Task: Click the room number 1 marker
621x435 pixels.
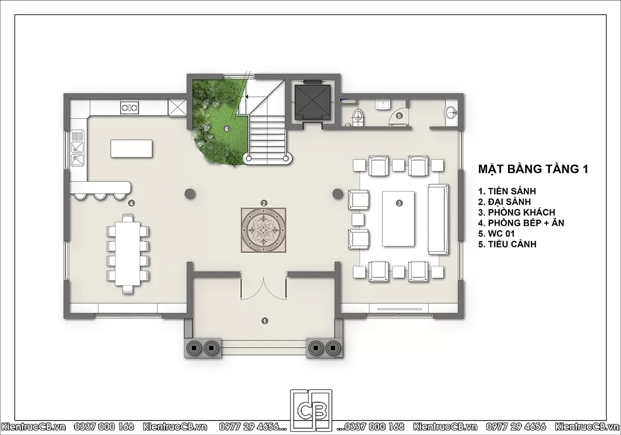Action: point(265,321)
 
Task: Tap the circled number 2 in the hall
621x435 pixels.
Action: point(263,204)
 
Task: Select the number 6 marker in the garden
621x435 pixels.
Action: point(227,129)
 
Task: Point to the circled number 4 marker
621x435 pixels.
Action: point(131,204)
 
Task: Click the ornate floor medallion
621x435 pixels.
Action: point(263,230)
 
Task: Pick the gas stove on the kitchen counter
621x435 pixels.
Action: point(129,107)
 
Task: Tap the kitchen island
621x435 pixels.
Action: point(131,149)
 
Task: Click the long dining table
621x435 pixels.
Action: point(127,254)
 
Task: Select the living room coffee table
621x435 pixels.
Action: point(398,219)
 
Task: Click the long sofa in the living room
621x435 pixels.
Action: point(438,219)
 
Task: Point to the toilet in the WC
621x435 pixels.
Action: point(358,118)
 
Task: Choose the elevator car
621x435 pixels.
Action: point(313,103)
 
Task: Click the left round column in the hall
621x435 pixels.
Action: point(190,194)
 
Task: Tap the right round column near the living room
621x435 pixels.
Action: point(337,194)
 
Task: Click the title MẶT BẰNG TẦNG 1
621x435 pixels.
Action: point(533,169)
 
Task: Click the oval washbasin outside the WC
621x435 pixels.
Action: point(451,113)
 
